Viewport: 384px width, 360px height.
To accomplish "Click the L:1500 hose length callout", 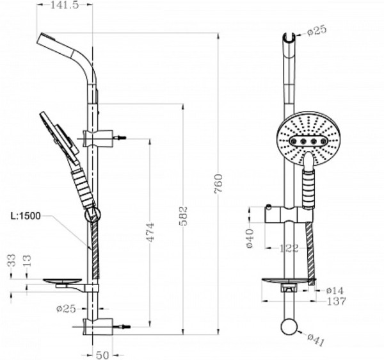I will click(x=26, y=215).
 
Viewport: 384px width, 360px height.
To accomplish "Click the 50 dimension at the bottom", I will click(x=102, y=354).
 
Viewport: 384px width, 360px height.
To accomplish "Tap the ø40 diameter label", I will click(x=249, y=238).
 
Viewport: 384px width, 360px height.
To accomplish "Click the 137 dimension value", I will click(x=337, y=301).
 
